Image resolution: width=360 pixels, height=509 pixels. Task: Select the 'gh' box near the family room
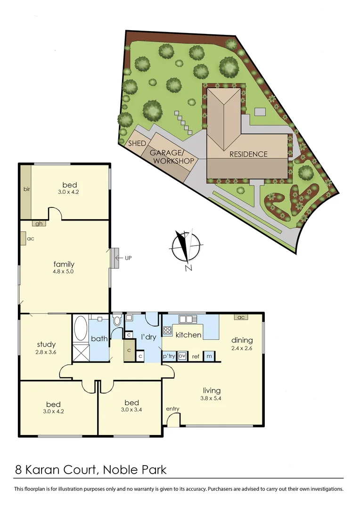[39, 224]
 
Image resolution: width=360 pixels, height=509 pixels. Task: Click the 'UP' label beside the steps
[128, 258]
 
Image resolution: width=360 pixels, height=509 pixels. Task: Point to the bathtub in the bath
[80, 328]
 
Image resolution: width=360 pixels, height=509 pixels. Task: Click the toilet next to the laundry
[117, 321]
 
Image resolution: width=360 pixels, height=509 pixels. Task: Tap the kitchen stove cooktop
[167, 330]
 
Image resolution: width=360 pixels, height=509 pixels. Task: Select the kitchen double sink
[186, 319]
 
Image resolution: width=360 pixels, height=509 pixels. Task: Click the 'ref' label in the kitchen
[196, 356]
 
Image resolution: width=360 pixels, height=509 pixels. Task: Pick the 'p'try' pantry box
[169, 356]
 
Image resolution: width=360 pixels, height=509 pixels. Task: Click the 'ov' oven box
[182, 356]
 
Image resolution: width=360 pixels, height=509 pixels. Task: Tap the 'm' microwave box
[209, 356]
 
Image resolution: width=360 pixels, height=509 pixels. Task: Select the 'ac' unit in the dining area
[240, 317]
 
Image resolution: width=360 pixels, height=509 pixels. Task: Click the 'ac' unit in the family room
[23, 238]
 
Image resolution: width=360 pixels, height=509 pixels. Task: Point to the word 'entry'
[172, 409]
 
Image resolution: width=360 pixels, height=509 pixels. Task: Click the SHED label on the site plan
[137, 143]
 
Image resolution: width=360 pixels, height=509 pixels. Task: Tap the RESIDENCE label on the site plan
[248, 154]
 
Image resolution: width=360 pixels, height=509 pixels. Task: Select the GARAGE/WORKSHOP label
[172, 157]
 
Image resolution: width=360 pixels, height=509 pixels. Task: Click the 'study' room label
[46, 345]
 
